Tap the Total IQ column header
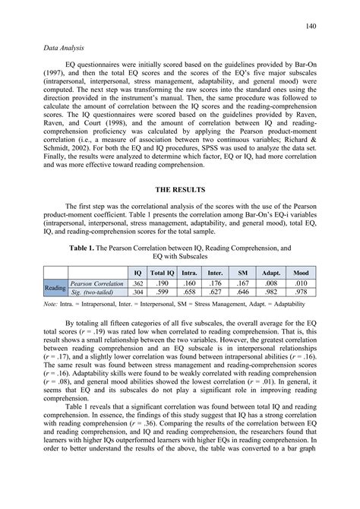[x=162, y=272]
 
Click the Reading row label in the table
[x=55, y=287]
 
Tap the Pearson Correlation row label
[x=96, y=283]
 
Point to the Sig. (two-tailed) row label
[x=92, y=292]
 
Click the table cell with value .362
[x=137, y=283]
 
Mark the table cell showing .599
[x=162, y=292]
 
